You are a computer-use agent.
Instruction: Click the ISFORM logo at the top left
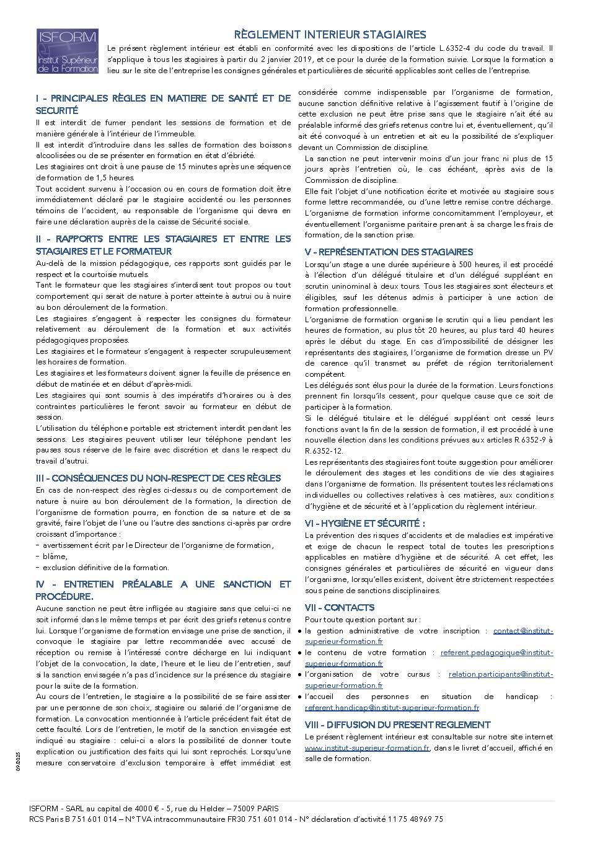[x=67, y=51]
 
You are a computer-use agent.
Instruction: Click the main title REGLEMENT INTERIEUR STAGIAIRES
[x=330, y=35]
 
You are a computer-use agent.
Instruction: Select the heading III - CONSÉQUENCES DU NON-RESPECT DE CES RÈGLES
[x=158, y=478]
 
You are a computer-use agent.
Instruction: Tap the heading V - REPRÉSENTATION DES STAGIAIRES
[x=389, y=252]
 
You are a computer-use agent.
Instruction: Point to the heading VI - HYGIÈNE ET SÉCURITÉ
[x=365, y=523]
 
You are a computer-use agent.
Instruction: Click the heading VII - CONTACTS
[x=340, y=607]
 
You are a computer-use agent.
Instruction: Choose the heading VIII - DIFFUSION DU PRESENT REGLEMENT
[x=397, y=724]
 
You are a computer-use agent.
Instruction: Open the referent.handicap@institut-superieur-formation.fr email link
[x=392, y=707]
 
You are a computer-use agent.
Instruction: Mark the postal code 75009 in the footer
[x=236, y=808]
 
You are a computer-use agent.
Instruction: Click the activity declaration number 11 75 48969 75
[x=416, y=819]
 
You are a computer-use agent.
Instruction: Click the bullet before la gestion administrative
[x=300, y=631]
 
